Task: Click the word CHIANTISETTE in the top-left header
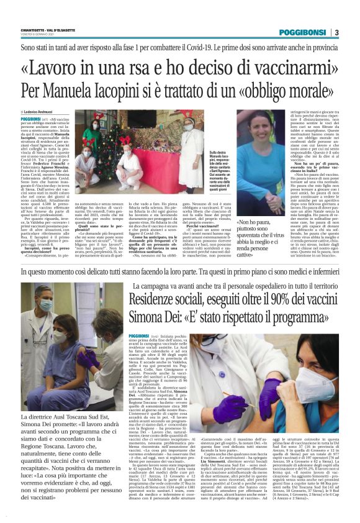(x=38, y=29)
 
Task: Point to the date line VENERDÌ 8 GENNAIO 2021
(x=38, y=35)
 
